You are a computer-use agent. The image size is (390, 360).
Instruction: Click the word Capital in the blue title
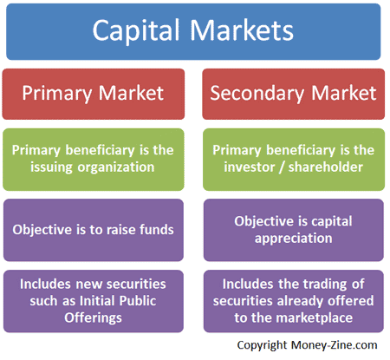136,31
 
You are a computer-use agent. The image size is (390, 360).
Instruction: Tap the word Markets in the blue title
242,29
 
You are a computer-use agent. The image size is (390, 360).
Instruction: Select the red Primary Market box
94,94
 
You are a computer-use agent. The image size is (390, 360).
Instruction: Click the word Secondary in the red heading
257,94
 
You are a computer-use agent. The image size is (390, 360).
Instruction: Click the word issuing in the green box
51,167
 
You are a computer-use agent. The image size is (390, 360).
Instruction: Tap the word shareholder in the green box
325,167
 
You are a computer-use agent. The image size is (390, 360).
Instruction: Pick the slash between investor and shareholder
282,167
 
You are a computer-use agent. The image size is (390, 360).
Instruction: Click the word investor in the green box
250,167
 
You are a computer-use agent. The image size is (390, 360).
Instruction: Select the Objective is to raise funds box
94,230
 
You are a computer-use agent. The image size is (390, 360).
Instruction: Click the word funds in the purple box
157,230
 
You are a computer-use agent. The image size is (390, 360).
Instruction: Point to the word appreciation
293,239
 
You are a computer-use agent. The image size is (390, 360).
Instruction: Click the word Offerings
93,317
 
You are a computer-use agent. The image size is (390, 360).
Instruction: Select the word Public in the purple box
138,301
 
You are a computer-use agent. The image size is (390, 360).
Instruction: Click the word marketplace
314,318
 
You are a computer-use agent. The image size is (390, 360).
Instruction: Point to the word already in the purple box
300,301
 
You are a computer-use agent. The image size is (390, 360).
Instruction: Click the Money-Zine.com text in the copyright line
334,345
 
